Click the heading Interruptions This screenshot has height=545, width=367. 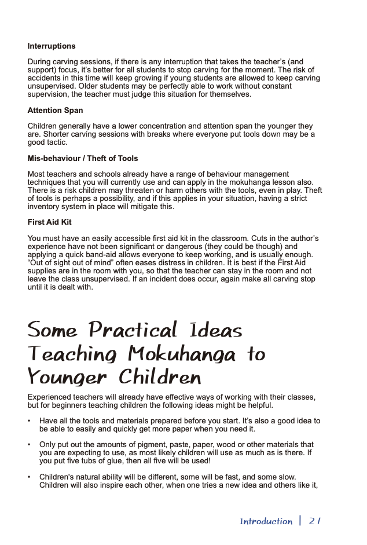[x=52, y=46]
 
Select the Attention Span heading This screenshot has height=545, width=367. [x=55, y=111]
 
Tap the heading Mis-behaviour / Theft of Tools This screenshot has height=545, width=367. [x=83, y=159]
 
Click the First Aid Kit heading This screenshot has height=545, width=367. [x=50, y=222]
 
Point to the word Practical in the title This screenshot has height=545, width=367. [x=133, y=330]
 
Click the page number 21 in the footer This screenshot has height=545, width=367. [x=315, y=521]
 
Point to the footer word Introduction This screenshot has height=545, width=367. [x=266, y=521]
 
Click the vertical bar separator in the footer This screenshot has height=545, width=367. [x=300, y=521]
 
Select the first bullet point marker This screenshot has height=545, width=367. [x=30, y=421]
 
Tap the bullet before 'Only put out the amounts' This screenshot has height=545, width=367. [x=30, y=445]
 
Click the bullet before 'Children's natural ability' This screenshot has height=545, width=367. [x=30, y=477]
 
